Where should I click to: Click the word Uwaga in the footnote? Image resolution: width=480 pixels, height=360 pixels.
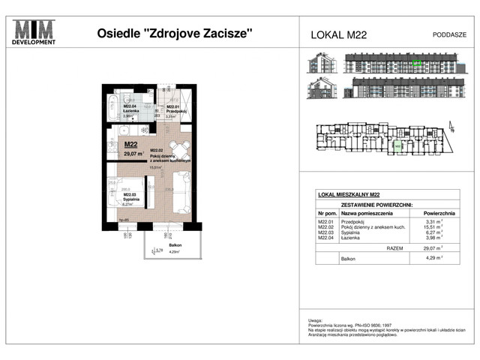click(315, 319)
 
